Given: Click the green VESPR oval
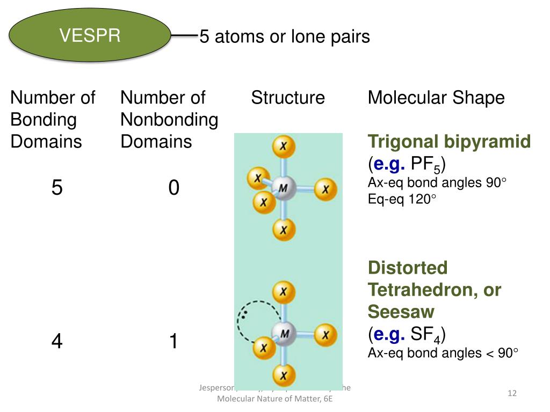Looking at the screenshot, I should click(x=90, y=35).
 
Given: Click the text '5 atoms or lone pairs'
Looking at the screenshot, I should click(x=285, y=36).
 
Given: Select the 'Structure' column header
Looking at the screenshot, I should click(x=288, y=98).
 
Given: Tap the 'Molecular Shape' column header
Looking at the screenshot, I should click(x=436, y=98).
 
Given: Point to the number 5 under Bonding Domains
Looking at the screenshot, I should click(x=57, y=188).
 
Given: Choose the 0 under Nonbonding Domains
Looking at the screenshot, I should click(x=173, y=188).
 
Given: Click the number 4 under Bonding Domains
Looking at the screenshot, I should click(x=57, y=341).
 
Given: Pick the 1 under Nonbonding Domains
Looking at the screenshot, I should click(x=173, y=341).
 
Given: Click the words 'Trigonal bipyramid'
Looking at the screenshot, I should click(x=449, y=142).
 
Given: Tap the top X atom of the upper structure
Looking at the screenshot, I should click(x=283, y=146).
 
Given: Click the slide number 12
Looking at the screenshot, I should click(x=512, y=394).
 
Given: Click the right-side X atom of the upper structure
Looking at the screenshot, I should click(x=325, y=189).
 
